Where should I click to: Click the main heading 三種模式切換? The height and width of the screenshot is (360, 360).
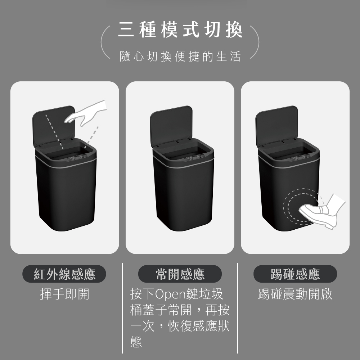coord(180,30)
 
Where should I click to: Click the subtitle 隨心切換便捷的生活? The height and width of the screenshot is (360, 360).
coord(180,56)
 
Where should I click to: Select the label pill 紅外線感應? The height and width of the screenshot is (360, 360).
coord(64,274)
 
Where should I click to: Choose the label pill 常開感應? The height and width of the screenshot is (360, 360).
coord(180,274)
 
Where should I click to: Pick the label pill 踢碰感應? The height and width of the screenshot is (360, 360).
coord(295,274)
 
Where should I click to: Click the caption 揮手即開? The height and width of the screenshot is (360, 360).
coord(64,294)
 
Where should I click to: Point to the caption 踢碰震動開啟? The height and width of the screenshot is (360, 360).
coord(295,294)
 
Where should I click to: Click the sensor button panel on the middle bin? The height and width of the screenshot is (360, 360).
coord(194,158)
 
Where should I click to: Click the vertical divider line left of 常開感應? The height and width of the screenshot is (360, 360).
coord(122,309)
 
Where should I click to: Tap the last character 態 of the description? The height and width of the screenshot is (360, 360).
coord(136,341)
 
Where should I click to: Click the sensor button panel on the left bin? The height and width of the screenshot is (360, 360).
coord(77,158)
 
